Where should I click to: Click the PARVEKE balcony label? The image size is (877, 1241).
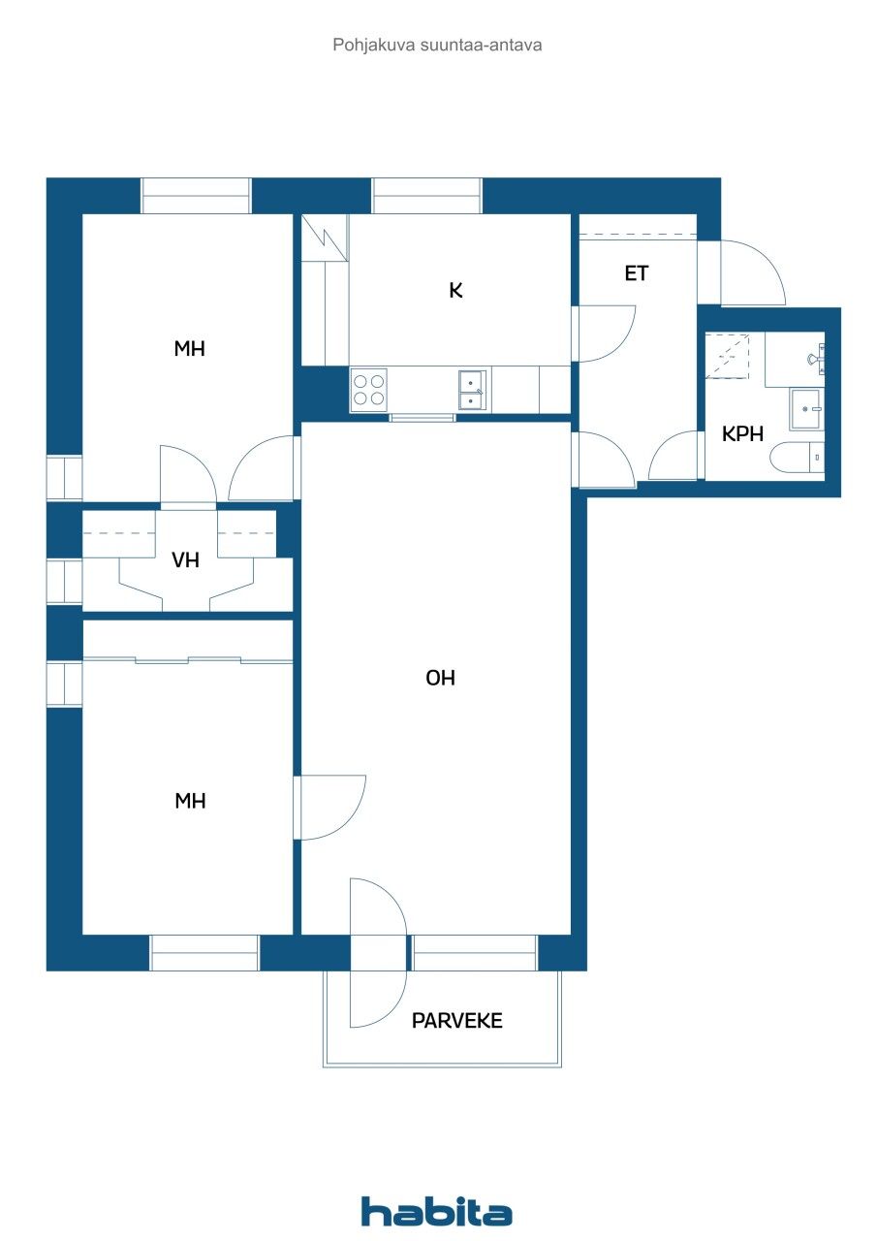pyautogui.click(x=457, y=1021)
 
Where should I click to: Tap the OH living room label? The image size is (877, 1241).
pyautogui.click(x=440, y=679)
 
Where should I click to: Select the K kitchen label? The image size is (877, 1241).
pyautogui.click(x=455, y=290)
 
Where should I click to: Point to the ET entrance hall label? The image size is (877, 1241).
pyautogui.click(x=636, y=274)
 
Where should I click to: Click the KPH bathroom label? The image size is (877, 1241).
pyautogui.click(x=743, y=434)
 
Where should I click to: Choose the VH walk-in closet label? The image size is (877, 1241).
pyautogui.click(x=186, y=560)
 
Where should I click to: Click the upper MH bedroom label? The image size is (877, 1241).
pyautogui.click(x=189, y=349)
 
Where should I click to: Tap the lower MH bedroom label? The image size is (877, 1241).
pyautogui.click(x=189, y=801)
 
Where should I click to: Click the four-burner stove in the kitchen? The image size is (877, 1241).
pyautogui.click(x=368, y=390)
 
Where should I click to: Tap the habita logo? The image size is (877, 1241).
pyautogui.click(x=437, y=1211)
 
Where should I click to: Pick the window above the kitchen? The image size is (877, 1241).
pyautogui.click(x=426, y=196)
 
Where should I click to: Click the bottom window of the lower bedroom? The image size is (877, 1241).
pyautogui.click(x=204, y=953)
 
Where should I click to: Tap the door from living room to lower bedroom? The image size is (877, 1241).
pyautogui.click(x=329, y=807)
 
